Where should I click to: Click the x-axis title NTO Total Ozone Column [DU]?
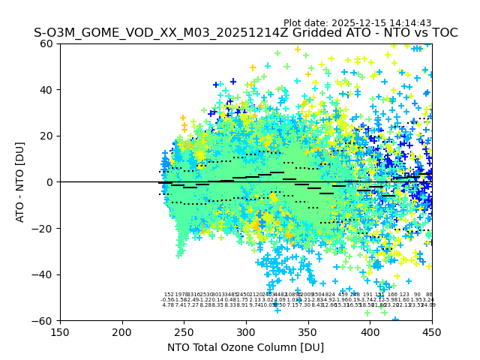click(246, 347)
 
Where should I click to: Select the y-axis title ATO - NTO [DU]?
click(21, 182)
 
